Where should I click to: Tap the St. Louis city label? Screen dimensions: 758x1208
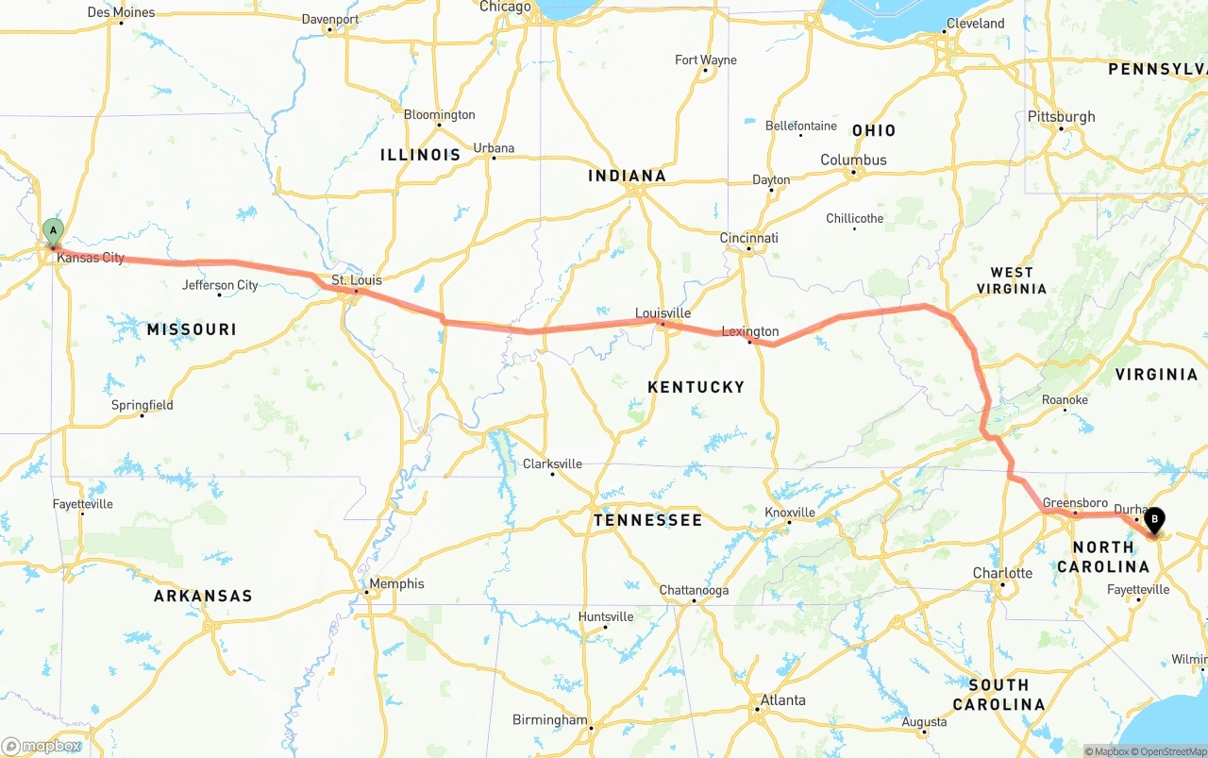(357, 280)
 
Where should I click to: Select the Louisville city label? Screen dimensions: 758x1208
(663, 313)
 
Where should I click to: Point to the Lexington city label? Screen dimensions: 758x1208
(750, 331)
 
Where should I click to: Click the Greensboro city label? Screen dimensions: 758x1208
(1075, 503)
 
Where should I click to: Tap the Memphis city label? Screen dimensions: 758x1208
(397, 583)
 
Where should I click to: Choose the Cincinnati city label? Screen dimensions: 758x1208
(749, 238)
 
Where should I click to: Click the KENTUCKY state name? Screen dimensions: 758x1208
(696, 387)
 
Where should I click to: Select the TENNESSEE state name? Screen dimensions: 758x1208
(647, 520)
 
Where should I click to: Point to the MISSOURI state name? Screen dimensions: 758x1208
(192, 329)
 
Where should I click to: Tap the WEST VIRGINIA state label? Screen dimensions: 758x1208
(1012, 280)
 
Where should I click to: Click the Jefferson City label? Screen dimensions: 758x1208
(220, 285)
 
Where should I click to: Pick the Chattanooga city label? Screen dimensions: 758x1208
(694, 591)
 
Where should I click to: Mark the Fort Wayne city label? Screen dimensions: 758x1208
(706, 60)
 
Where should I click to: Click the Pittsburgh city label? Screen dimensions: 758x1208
(1062, 117)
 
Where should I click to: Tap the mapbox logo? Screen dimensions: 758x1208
(42, 747)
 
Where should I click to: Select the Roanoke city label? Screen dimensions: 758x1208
(1065, 400)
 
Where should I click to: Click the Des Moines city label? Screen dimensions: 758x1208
(121, 12)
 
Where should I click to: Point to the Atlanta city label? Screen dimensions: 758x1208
(783, 699)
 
